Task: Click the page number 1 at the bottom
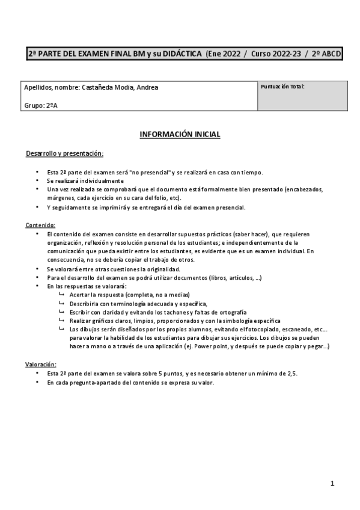pos(332,482)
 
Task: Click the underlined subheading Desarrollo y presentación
pos(64,154)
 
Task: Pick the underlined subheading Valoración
pos(41,364)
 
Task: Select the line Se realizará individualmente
pos(84,180)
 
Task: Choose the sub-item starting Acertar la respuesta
pos(129,295)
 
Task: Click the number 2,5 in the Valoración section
pos(292,373)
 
